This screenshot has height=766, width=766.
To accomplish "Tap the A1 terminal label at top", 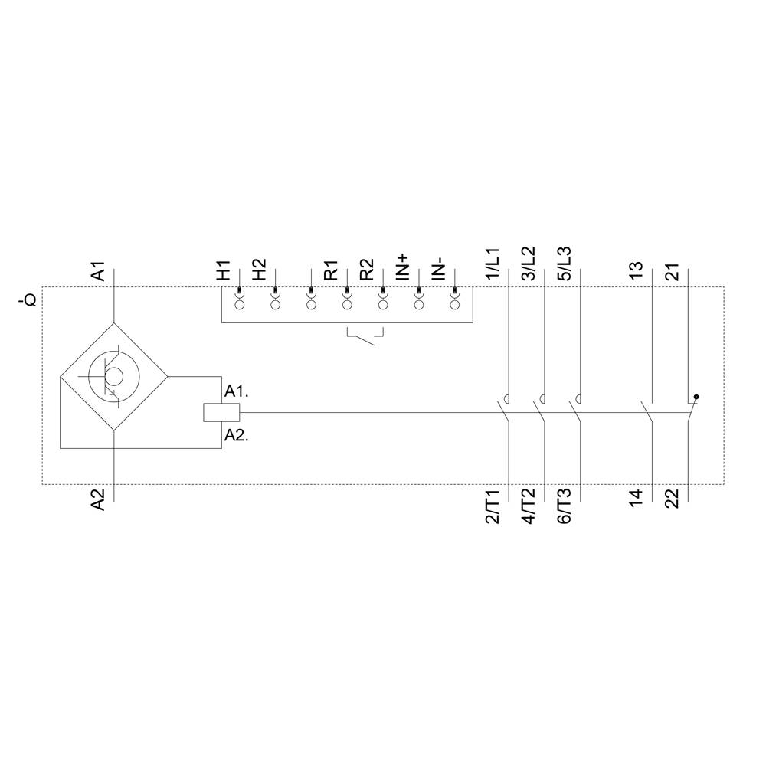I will click(98, 271).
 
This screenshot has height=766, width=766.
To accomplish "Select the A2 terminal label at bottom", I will click(98, 499).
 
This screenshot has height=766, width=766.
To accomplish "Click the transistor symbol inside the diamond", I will click(113, 376).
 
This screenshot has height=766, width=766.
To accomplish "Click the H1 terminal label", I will click(223, 271).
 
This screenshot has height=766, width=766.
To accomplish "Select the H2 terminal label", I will click(259, 271).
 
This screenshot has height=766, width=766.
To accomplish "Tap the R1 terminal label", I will click(330, 271).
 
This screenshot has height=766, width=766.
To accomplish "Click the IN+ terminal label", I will click(403, 268).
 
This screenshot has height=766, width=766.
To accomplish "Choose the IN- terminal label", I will click(438, 270).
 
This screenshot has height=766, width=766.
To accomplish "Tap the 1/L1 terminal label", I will click(493, 264).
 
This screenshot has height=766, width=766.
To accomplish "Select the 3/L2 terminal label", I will click(529, 264).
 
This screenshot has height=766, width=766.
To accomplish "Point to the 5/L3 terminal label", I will click(565, 264).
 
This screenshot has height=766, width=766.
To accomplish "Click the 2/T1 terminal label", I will click(493, 507).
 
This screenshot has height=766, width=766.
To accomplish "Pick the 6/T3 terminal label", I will click(565, 507).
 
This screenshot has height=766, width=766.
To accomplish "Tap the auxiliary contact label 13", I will click(636, 271).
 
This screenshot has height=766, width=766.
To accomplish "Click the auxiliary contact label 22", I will click(672, 499).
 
